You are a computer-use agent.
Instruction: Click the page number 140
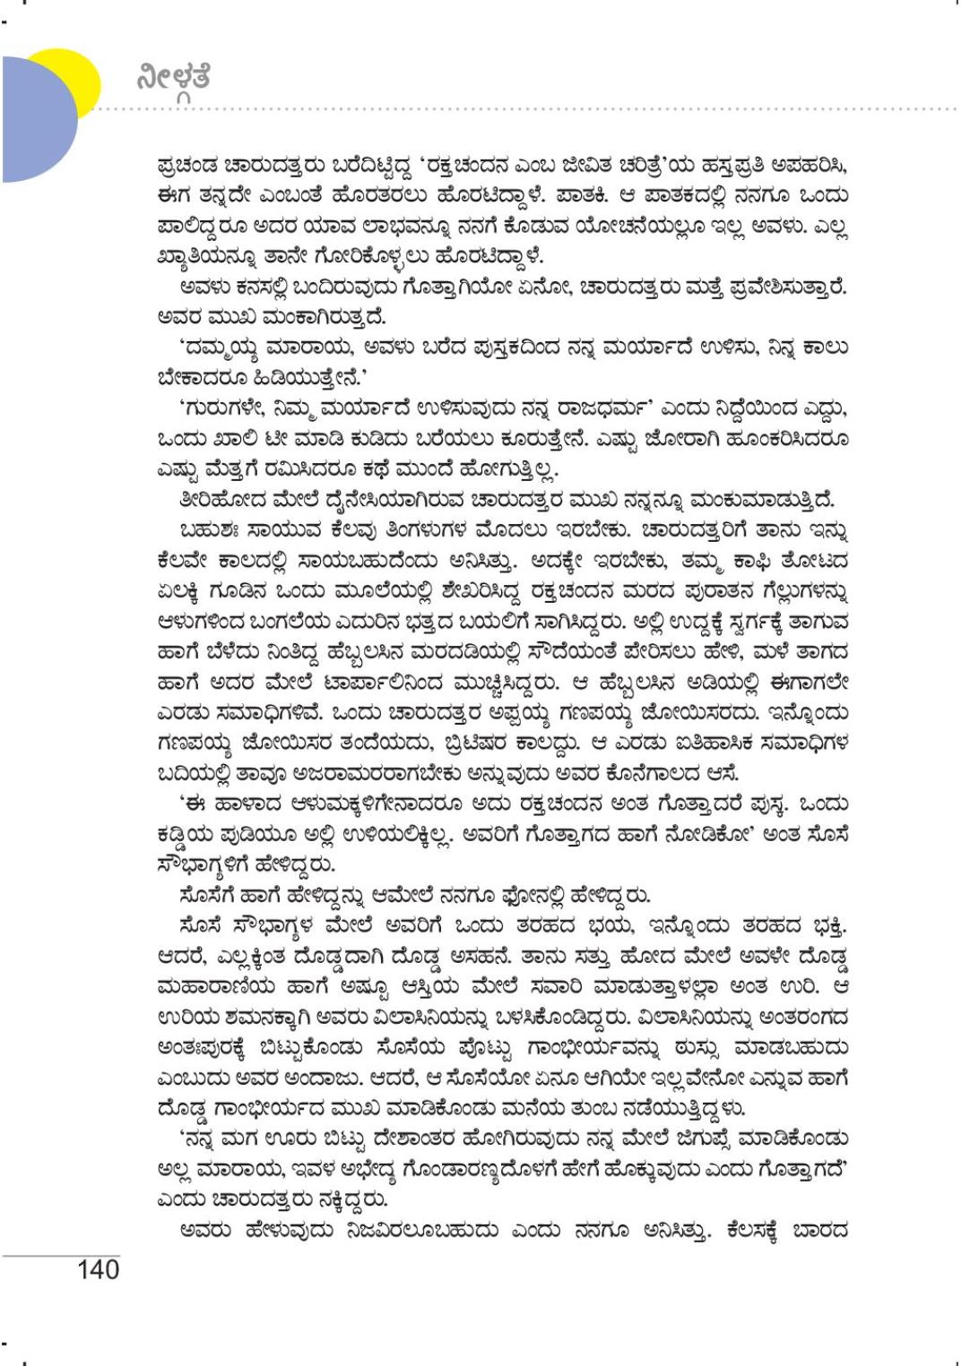tap(99, 1269)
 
